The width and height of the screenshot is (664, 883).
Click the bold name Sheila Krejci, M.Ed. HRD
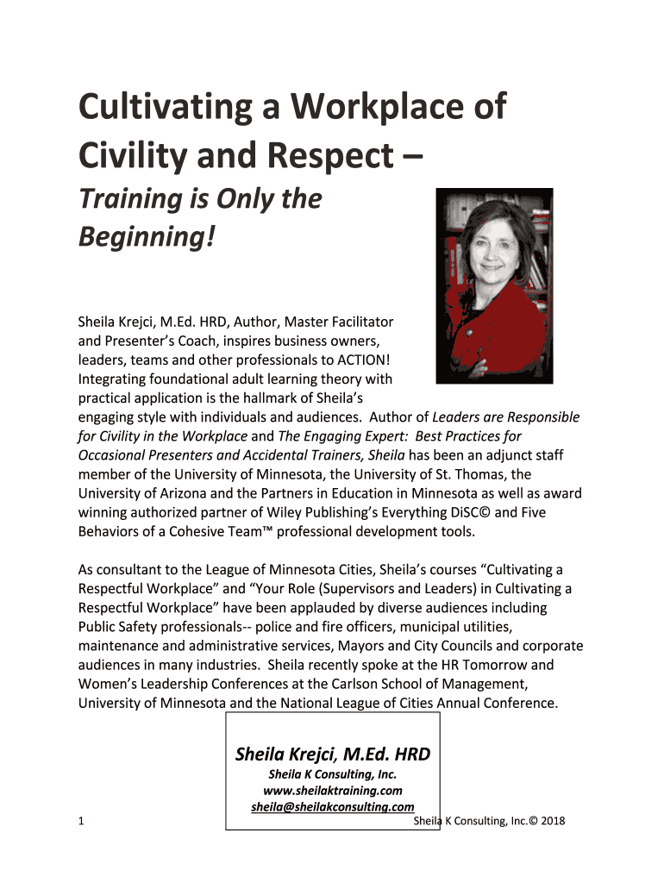(333, 755)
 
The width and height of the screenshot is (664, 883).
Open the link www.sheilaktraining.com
(333, 790)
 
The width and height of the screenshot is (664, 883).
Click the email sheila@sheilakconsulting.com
(333, 807)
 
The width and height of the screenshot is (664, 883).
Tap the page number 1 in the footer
(80, 821)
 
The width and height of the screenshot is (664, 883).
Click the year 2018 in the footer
(548, 821)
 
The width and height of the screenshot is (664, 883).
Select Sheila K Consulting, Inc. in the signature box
(333, 773)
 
